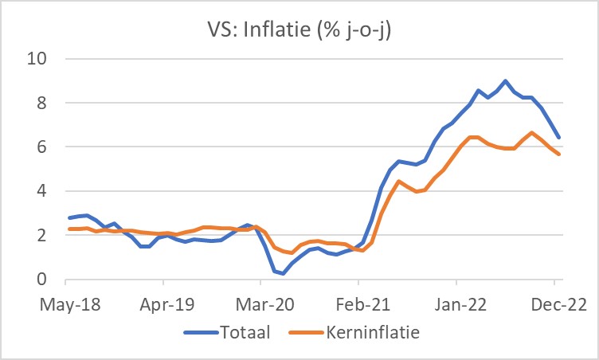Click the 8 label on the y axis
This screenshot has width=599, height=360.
pos(45,103)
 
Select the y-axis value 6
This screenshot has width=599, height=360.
pos(45,147)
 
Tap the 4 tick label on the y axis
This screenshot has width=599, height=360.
pos(45,191)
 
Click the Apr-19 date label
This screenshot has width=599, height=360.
pos(163,303)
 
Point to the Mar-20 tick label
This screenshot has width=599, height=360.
pos(261,303)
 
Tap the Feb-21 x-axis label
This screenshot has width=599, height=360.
pos(358,303)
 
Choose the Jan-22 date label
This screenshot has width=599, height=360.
pos(456,303)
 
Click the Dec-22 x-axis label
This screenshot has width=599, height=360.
pos(554,303)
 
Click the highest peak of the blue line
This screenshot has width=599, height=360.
pos(505,80)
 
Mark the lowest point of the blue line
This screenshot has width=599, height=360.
pos(283,273)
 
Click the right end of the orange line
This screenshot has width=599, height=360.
pos(559,154)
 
